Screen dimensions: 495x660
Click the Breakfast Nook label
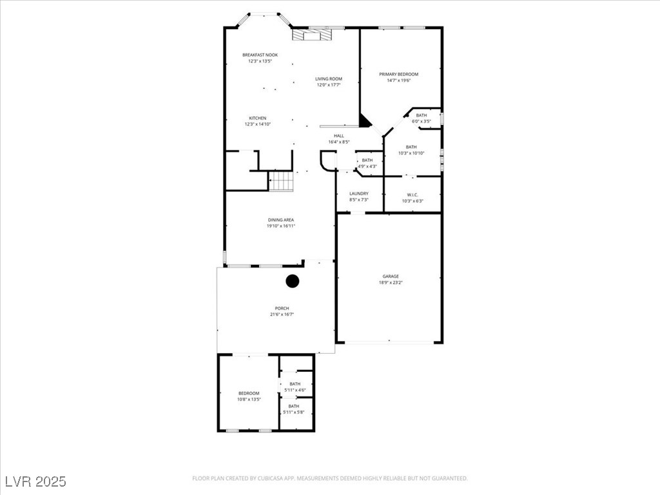point(260,58)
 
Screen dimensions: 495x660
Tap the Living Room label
point(328,82)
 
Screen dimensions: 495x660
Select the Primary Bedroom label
point(398,77)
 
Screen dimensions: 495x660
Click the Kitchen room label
point(257,121)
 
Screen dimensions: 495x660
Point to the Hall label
point(338,139)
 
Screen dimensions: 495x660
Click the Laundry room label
point(359,197)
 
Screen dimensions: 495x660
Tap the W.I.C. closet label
point(412,197)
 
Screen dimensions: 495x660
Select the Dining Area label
point(281,223)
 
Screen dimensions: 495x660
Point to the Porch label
point(282,311)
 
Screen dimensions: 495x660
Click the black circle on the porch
point(293,281)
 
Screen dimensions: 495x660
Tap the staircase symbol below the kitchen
point(281,181)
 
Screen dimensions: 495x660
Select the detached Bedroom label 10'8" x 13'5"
point(249,396)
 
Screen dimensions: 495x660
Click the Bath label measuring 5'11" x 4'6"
point(294,387)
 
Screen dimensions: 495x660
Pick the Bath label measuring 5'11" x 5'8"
point(294,409)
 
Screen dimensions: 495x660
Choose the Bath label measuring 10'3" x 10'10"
point(411,150)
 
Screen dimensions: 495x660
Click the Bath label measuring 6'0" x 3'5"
point(421,118)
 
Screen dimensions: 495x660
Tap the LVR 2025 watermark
point(35,481)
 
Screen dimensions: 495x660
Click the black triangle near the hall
point(365,121)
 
